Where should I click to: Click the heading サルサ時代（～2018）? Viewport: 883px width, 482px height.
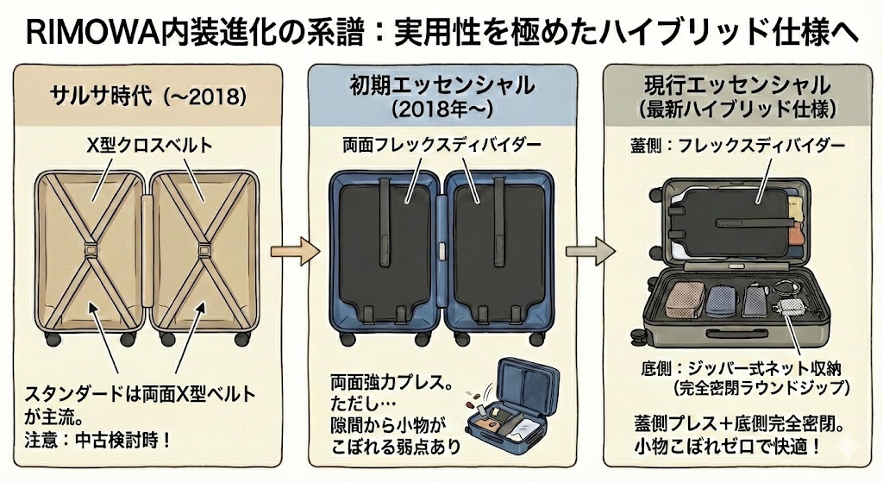(151, 93)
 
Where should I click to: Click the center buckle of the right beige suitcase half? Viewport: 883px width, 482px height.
(204, 251)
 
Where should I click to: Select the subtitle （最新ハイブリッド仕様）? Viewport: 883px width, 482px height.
(737, 110)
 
